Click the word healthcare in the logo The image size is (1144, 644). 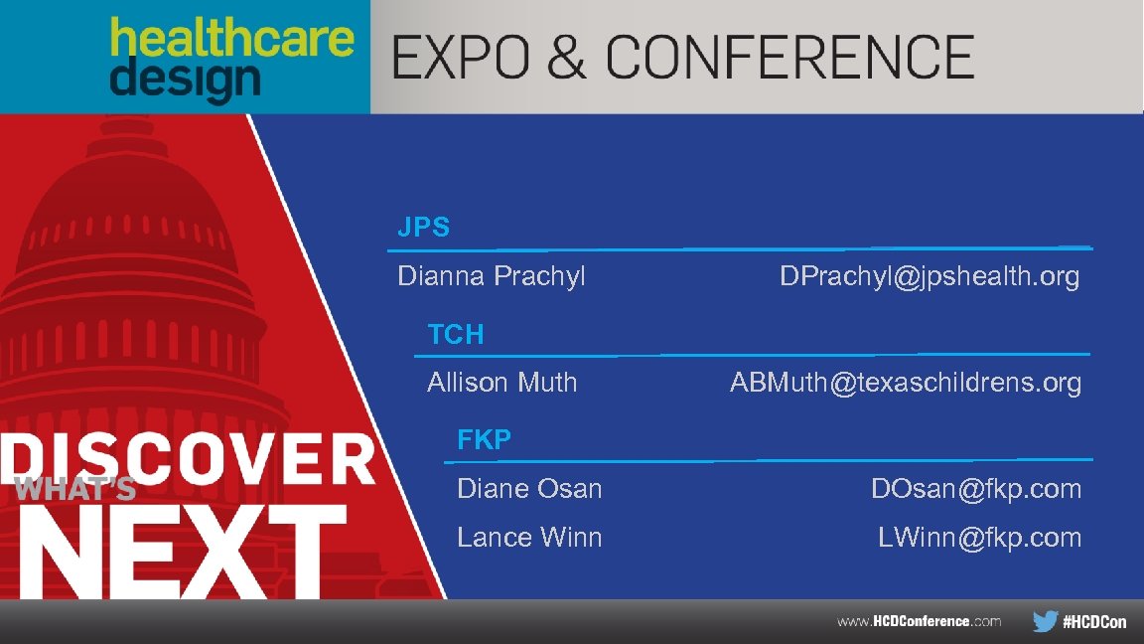coord(231,40)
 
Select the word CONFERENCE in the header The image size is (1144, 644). coord(789,57)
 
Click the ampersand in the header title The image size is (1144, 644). coord(566,57)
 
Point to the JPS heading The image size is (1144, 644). coord(423,228)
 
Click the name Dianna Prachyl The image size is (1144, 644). coord(492,275)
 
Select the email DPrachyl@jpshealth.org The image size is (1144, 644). coord(929,275)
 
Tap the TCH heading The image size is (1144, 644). coord(456,334)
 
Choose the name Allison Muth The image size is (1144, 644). coord(501,382)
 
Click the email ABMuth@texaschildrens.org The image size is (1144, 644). coord(905,382)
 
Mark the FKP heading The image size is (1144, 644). coord(484,439)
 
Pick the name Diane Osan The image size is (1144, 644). coord(529,488)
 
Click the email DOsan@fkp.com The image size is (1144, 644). coord(975,488)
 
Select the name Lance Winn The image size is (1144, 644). coord(529,537)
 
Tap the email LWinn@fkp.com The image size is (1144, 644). coord(979,537)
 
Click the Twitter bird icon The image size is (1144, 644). coord(1045,621)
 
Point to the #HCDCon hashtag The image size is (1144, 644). coord(1094,622)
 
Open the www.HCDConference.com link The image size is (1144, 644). coord(919,621)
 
